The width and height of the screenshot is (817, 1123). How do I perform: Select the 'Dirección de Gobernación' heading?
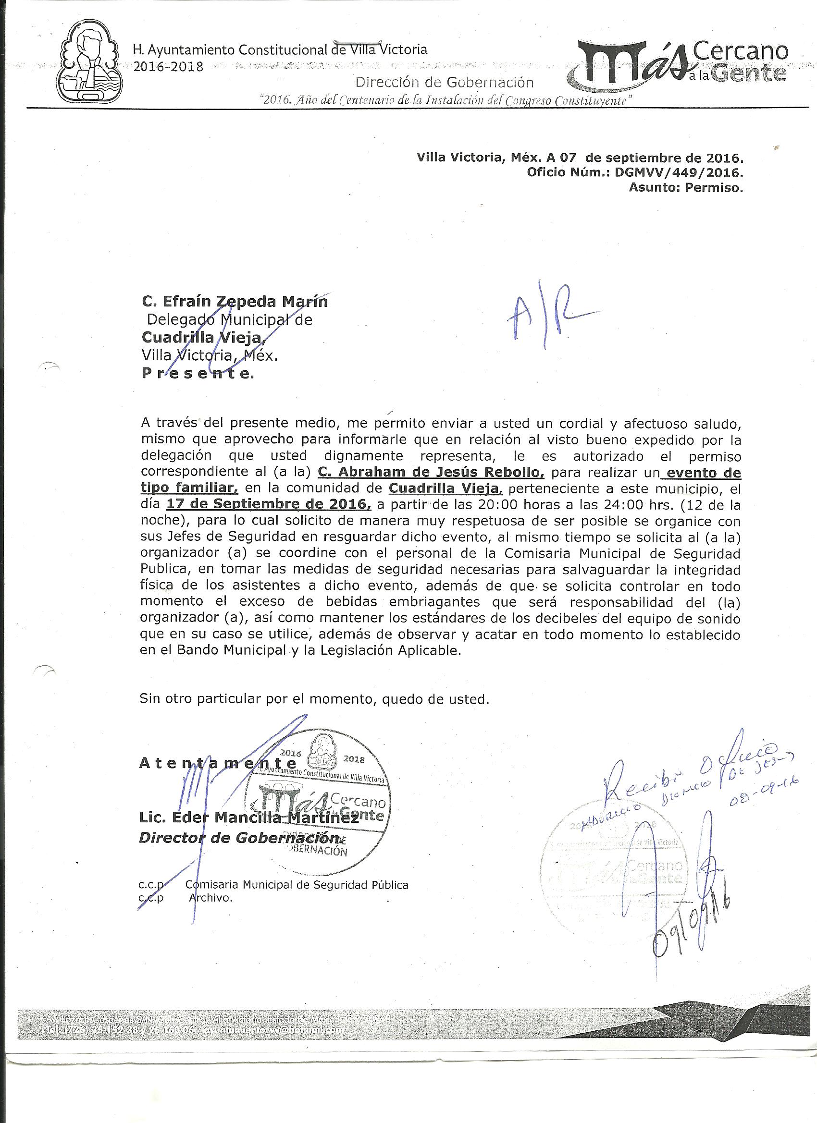coord(445,82)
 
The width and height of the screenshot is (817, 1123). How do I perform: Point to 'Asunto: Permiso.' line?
coord(686,188)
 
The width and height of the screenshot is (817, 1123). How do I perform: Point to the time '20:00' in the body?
coord(475,505)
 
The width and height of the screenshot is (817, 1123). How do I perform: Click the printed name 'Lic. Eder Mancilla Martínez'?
coord(249,818)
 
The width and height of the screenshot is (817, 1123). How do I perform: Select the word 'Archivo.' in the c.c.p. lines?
coord(210,898)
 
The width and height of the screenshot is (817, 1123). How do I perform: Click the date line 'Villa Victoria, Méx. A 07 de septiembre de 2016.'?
coord(580,159)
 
